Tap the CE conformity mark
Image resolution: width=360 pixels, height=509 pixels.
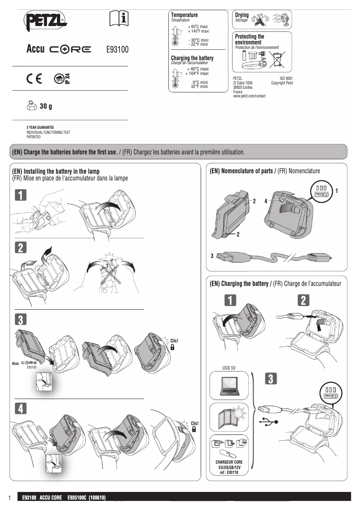[x=34, y=79]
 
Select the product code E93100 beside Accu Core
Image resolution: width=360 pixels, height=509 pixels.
[x=117, y=50]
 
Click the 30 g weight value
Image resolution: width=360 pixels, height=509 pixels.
[x=46, y=106]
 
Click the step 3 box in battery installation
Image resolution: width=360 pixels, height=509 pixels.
[x=21, y=320]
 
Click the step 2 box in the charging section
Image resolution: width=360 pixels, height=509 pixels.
[x=304, y=300]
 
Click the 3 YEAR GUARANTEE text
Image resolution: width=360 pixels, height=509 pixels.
[x=40, y=128]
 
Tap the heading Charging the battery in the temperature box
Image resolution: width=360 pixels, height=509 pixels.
[x=192, y=58]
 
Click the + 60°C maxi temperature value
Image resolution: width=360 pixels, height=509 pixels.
[x=198, y=27]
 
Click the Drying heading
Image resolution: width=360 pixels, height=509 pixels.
[x=242, y=15]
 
